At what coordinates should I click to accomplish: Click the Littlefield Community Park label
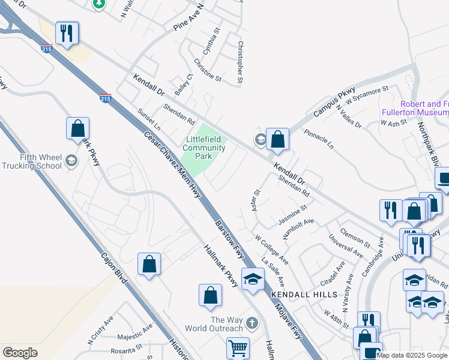pyautogui.click(x=204, y=148)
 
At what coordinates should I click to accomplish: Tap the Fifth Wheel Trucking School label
pyautogui.click(x=32, y=161)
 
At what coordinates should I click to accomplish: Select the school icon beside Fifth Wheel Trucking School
pyautogui.click(x=71, y=160)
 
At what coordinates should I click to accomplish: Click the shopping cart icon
pyautogui.click(x=238, y=348)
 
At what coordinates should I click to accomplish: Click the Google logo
pyautogui.click(x=20, y=353)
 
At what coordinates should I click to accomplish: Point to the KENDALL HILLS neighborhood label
pyautogui.click(x=299, y=295)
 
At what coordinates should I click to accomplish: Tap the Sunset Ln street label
pyautogui.click(x=149, y=120)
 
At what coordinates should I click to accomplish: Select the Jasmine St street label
pyautogui.click(x=292, y=214)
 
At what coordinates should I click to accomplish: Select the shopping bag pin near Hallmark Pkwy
pyautogui.click(x=210, y=296)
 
